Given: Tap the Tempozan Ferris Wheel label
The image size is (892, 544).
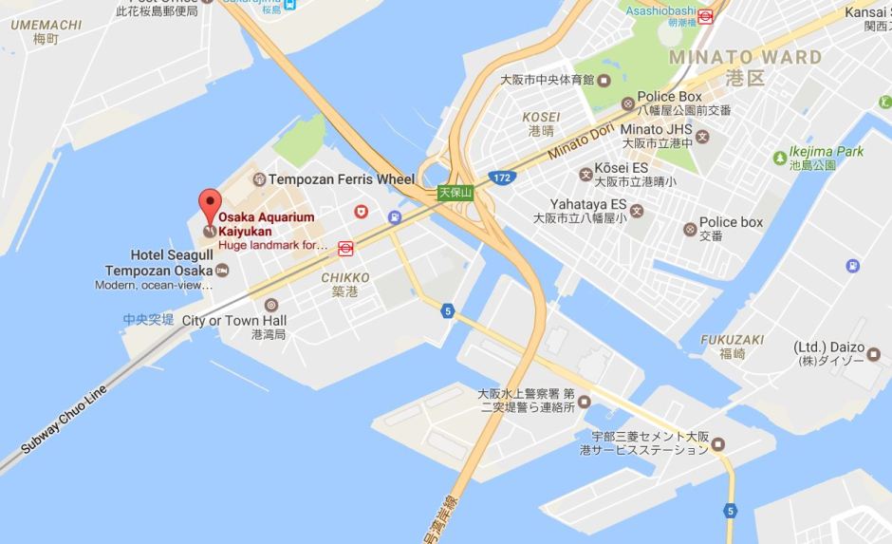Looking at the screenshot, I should pos(342,178).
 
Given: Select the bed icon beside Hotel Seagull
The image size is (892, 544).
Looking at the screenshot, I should pos(222,271).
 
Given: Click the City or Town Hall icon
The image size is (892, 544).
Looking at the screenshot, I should pos(272,305).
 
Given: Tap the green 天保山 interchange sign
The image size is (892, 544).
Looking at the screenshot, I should pos(455,192).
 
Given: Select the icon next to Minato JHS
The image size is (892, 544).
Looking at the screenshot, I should pos(702,136).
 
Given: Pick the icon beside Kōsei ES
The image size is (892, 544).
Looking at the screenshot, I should pos(585,174).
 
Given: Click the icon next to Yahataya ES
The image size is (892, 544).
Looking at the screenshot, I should pos(637,211).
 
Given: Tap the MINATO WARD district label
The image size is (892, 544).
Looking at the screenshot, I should pos(745,57).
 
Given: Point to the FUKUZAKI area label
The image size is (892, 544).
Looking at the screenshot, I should pos(733,339).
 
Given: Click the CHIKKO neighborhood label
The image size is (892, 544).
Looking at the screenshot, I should pos(344,277).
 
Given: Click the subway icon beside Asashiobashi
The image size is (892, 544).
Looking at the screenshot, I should pos(705,14).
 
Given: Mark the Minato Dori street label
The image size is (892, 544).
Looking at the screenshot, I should pos(582,136).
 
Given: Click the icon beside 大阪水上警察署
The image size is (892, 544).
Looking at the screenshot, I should pos(584,399).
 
